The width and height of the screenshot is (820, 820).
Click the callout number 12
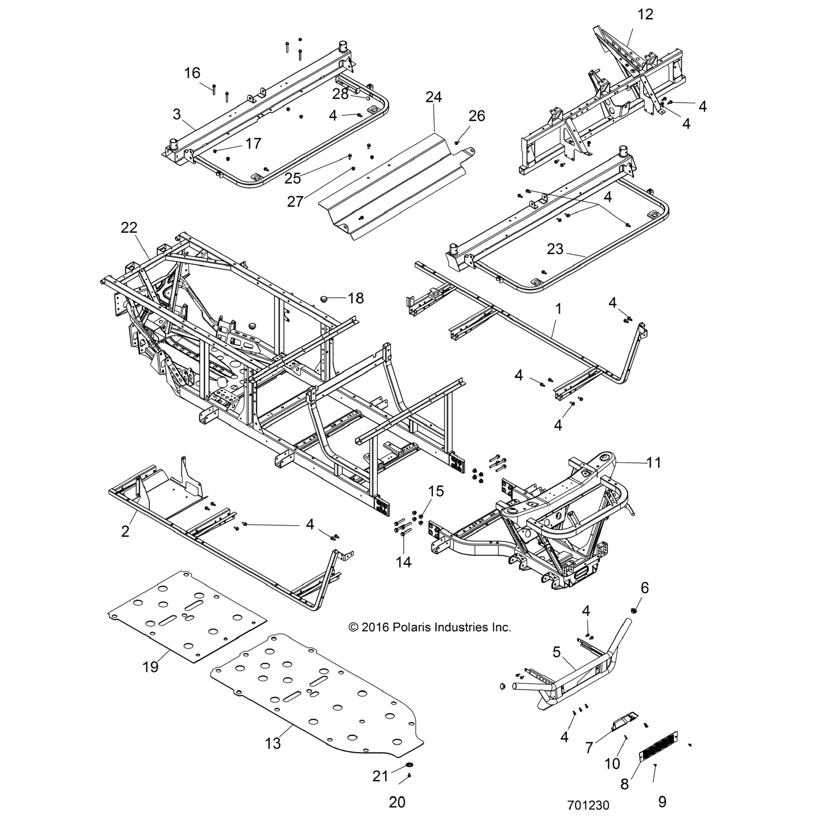[x=645, y=14]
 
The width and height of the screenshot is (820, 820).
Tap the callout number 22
[x=129, y=227]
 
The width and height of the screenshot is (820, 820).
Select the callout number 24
[x=434, y=97]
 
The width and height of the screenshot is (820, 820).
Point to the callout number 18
[x=355, y=298]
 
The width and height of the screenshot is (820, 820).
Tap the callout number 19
[x=150, y=666]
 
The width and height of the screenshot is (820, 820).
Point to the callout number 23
[x=555, y=249]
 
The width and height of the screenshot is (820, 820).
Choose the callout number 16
[x=192, y=73]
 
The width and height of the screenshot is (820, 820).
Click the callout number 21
[x=380, y=776]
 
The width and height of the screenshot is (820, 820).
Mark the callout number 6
[x=645, y=588]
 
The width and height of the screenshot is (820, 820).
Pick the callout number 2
[x=125, y=531]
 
